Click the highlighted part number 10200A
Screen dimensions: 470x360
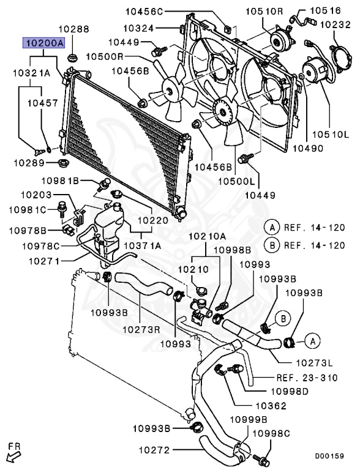point(42,44)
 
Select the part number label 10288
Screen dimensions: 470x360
point(73,28)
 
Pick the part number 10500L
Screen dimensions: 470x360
point(240,181)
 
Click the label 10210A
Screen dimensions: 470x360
point(207,236)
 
